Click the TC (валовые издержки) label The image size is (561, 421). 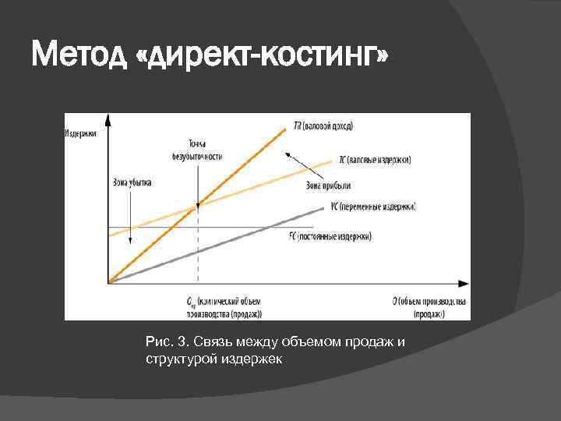pos(375,159)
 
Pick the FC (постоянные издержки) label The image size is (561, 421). pos(330,235)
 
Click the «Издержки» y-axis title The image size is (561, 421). pos(80,133)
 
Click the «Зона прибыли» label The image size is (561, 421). pos(328,185)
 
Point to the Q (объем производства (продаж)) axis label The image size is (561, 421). pos(429,306)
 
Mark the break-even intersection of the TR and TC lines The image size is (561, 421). pos(198,207)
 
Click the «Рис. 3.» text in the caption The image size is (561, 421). pos(167,342)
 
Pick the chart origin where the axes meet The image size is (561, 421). pos(109,282)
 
